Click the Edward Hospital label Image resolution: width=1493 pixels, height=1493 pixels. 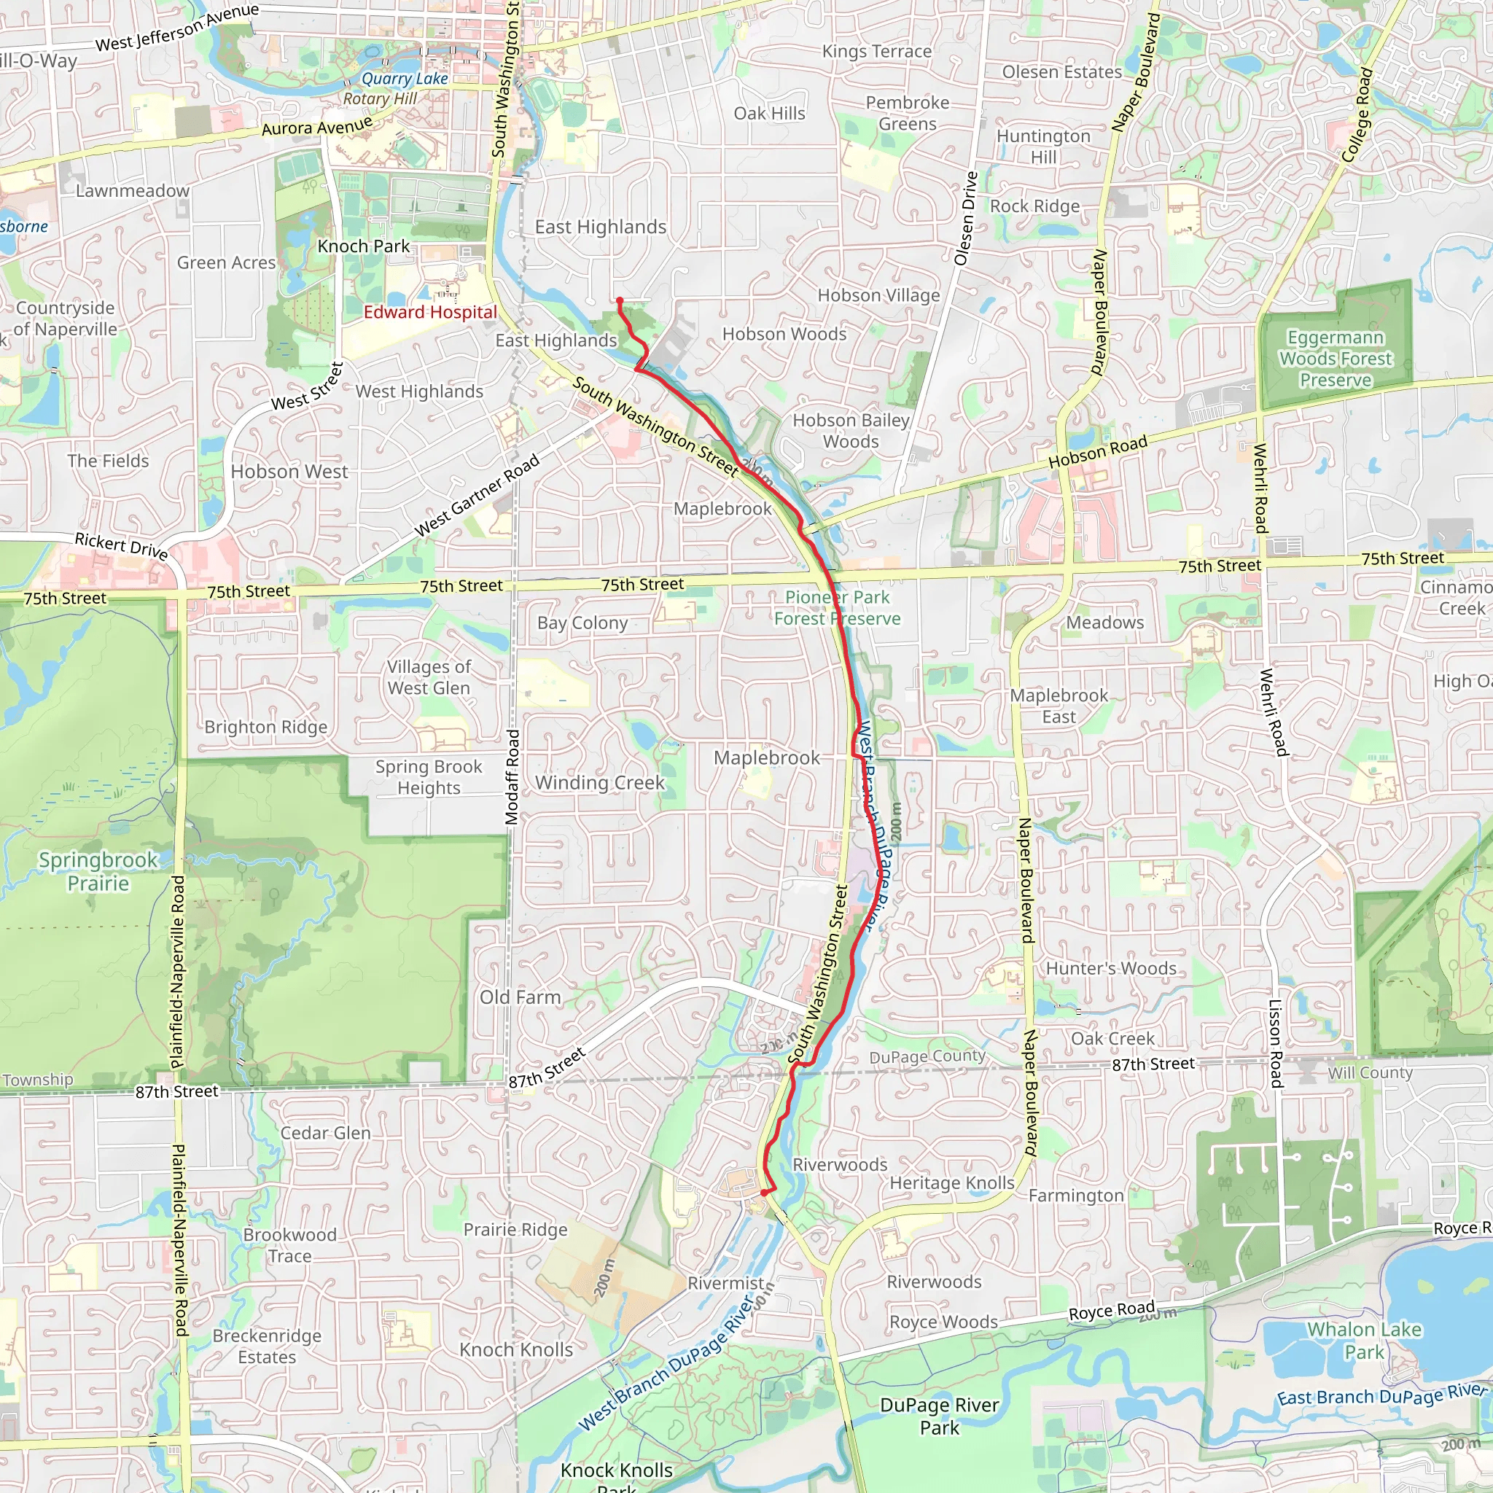pos(430,312)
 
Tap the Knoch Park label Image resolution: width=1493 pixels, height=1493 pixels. pos(363,246)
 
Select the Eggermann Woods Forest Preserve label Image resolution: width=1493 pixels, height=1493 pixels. pos(1335,359)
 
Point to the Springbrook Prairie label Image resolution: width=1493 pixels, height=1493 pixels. pos(98,871)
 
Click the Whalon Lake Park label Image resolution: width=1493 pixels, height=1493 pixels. pos(1364,1340)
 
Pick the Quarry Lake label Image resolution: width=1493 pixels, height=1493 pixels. pos(404,79)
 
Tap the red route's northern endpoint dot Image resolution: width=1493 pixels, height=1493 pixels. pos(620,300)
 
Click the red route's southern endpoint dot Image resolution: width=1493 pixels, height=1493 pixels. pos(764,1193)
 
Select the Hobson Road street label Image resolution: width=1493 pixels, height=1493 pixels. pos(1097,451)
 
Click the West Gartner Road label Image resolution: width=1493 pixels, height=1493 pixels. pos(477,497)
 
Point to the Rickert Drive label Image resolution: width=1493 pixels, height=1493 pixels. pos(121,545)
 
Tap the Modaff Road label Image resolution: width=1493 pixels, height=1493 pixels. pos(512,776)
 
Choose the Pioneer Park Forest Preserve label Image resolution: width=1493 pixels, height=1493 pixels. pos(837,608)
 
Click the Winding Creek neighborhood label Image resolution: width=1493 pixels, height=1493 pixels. pos(600,783)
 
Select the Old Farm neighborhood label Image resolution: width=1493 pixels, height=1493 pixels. pos(520,997)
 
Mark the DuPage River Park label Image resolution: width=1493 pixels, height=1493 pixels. pos(939,1416)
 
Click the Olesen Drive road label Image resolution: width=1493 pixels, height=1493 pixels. pos(966,219)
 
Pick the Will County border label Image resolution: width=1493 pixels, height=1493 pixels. pos(1369,1072)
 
